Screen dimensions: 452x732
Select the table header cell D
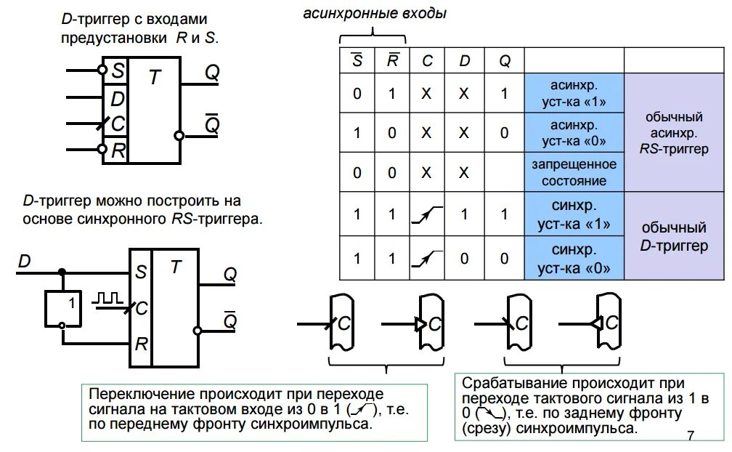point(465,61)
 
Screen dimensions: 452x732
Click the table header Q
point(504,61)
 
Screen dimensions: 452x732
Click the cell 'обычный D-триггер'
point(674,237)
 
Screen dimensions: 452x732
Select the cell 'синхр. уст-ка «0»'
point(574,258)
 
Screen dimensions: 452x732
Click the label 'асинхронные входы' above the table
point(375,13)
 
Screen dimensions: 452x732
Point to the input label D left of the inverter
point(25,260)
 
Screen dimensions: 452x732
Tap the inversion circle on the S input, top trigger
point(102,70)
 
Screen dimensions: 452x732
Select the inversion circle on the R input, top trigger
point(102,150)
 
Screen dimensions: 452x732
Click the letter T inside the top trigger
point(154,78)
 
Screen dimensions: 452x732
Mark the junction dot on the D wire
point(62,273)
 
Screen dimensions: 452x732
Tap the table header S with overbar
point(357,60)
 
